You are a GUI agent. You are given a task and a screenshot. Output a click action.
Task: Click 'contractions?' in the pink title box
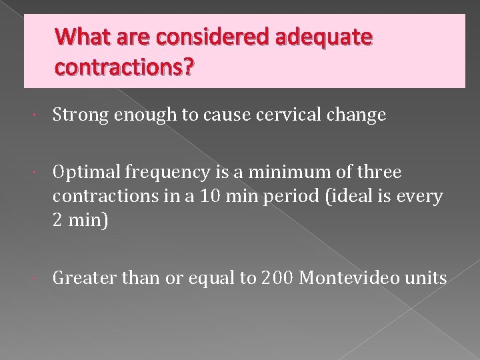[125, 67]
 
